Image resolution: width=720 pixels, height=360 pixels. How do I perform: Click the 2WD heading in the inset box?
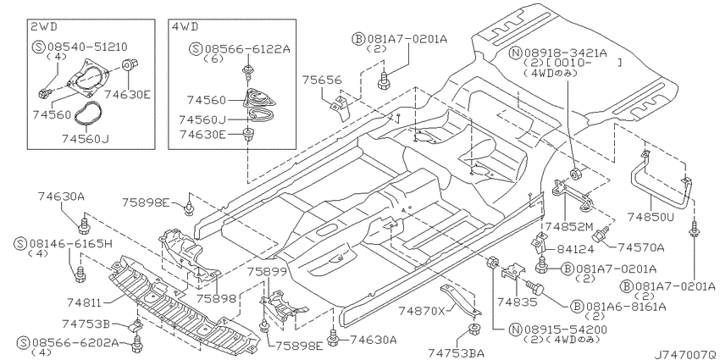pyautogui.click(x=44, y=26)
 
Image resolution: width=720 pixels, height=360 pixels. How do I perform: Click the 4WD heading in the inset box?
pyautogui.click(x=186, y=26)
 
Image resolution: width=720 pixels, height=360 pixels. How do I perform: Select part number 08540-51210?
pyautogui.click(x=87, y=47)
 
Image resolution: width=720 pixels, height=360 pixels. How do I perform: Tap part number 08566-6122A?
pyautogui.click(x=247, y=48)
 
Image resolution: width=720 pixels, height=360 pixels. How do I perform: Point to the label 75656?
pyautogui.click(x=322, y=80)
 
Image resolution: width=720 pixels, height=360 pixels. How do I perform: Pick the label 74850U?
pyautogui.click(x=651, y=216)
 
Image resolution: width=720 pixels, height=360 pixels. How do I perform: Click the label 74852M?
pyautogui.click(x=569, y=225)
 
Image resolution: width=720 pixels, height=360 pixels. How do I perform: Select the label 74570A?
pyautogui.click(x=640, y=247)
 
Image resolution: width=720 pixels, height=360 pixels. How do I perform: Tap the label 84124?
pyautogui.click(x=575, y=249)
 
